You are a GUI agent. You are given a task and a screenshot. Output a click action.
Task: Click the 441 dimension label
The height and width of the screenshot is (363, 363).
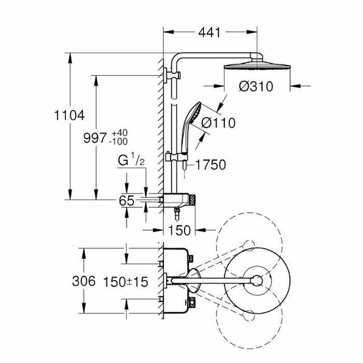coord(209,33)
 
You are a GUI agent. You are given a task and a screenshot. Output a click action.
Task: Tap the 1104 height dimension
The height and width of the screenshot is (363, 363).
coord(69,116)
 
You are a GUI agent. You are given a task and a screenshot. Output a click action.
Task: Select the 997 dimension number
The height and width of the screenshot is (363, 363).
coord(95,138)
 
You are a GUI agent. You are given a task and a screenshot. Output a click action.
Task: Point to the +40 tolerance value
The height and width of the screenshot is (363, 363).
coord(119,133)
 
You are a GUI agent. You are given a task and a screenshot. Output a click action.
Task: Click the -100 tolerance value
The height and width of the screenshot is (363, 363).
coord(119,142)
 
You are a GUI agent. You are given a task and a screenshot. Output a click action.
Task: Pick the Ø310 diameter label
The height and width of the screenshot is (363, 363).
coord(256,87)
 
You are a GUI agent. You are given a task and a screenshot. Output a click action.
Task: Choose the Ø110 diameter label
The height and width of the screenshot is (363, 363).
coord(218,123)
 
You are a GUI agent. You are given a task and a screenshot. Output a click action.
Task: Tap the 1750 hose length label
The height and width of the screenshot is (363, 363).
coord(211,165)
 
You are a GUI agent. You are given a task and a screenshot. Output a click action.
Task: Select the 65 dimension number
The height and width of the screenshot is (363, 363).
coord(126,201)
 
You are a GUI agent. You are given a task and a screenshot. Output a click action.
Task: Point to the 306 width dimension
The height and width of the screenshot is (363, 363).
coord(83,281)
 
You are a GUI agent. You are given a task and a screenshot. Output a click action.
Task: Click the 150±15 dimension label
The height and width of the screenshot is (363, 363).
coord(125,282)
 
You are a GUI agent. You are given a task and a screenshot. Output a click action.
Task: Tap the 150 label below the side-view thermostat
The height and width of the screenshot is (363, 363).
coord(180,231)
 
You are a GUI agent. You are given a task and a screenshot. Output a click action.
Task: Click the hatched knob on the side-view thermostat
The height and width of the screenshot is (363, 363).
coord(192,200)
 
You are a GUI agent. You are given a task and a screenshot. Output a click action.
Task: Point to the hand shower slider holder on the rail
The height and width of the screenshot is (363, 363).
coord(177,157)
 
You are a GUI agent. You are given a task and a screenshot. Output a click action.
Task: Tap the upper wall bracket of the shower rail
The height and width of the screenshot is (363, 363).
coord(172,75)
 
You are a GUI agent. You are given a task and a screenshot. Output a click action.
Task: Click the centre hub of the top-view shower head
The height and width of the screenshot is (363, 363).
coord(257,281)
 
